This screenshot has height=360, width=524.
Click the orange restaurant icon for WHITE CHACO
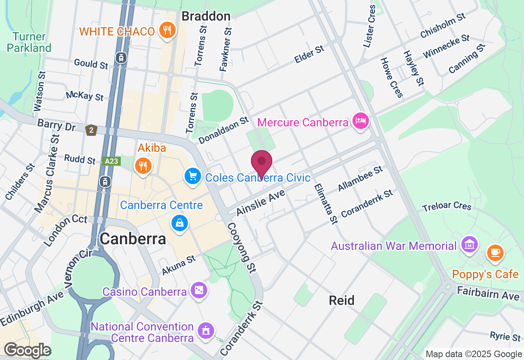[x=167, y=31]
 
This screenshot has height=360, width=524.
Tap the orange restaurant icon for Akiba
[x=143, y=166]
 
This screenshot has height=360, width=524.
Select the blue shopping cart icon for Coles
[x=192, y=176]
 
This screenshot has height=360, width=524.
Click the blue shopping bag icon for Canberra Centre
[x=180, y=223]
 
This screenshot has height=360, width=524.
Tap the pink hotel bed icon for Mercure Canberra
[x=361, y=121]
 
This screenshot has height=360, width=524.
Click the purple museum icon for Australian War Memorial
[x=469, y=244]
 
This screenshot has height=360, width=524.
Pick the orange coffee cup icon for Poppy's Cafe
[x=495, y=252]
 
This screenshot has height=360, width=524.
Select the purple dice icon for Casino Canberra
[x=199, y=290]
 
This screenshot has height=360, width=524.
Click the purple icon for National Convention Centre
[x=206, y=330]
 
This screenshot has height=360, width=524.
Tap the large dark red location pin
[x=261, y=163]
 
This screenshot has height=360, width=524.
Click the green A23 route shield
[x=111, y=161]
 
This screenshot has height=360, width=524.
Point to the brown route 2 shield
[x=91, y=130]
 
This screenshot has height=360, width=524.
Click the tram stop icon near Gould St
[x=121, y=58]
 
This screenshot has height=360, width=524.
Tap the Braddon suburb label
[x=206, y=16]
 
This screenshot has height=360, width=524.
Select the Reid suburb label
[x=342, y=301]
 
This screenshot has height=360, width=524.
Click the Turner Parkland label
[x=32, y=42]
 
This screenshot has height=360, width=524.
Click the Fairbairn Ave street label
[x=488, y=293]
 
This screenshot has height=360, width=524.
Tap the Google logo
[x=27, y=350]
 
